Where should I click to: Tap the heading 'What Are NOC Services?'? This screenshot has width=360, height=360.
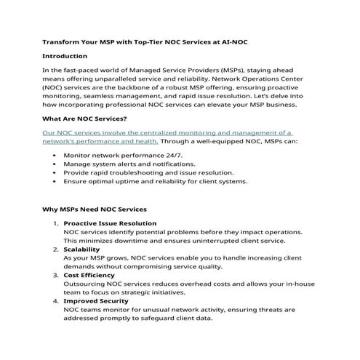pyautogui.click(x=85, y=119)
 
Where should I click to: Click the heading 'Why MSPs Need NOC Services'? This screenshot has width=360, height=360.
pyautogui.click(x=94, y=209)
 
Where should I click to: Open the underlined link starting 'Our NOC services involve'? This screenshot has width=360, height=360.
pyautogui.click(x=167, y=133)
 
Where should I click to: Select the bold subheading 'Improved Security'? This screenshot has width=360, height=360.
pyautogui.click(x=96, y=300)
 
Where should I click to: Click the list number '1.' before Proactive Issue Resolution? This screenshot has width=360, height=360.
pyautogui.click(x=55, y=223)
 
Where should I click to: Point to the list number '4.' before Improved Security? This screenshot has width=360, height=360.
pyautogui.click(x=55, y=300)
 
